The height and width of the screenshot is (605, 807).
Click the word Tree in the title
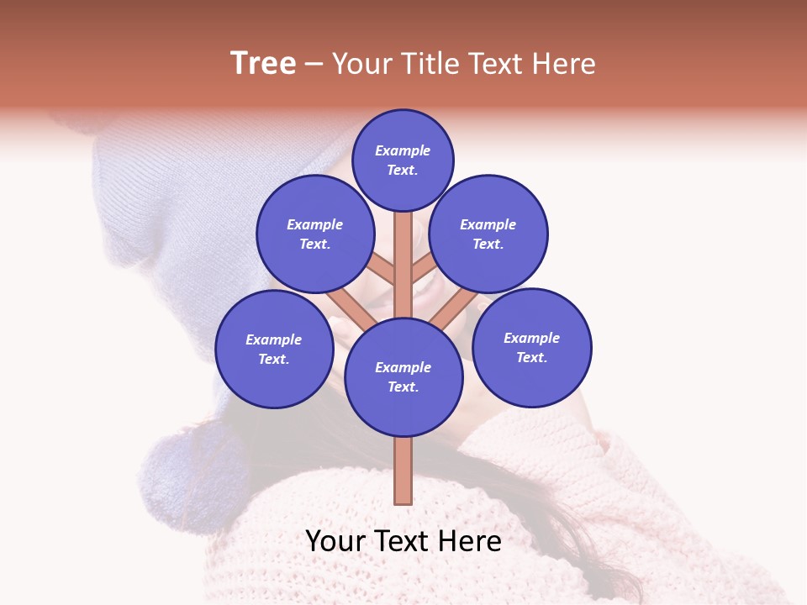tap(263, 64)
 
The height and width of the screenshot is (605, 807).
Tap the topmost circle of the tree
tap(403, 160)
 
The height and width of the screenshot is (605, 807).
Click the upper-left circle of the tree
tap(314, 234)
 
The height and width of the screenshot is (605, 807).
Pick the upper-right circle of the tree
tap(488, 234)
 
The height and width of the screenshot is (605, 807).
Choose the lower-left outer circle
tap(274, 349)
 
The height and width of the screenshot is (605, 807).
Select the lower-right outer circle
tap(532, 347)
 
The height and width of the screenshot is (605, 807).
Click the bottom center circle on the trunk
tap(403, 377)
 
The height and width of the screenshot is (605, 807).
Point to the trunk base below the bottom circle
tap(403, 471)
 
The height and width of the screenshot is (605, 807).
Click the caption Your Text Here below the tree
tap(403, 541)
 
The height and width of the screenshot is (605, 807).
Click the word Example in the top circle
tap(403, 151)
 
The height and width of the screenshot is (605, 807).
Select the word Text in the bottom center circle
tap(403, 387)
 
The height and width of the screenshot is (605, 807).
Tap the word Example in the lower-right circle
tap(531, 338)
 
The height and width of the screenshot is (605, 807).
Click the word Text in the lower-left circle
tap(273, 360)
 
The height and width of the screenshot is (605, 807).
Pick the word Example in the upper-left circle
tap(314, 224)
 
